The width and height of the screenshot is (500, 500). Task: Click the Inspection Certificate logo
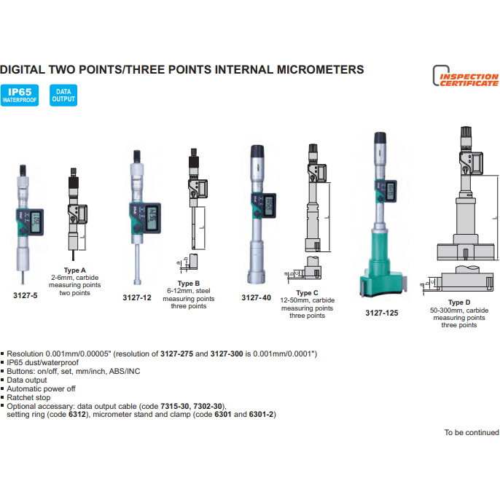pyautogui.click(x=466, y=77)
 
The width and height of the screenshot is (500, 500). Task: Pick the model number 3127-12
pyautogui.click(x=137, y=297)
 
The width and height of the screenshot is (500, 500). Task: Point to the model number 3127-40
pyautogui.click(x=256, y=297)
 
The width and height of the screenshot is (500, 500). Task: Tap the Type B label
pyautogui.click(x=189, y=283)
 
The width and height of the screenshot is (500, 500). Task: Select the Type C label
pyautogui.click(x=308, y=293)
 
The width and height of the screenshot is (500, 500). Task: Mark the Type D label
pyautogui.click(x=461, y=302)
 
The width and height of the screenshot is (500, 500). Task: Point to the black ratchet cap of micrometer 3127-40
pyautogui.click(x=257, y=151)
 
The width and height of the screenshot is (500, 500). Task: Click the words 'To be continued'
pyautogui.click(x=472, y=432)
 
